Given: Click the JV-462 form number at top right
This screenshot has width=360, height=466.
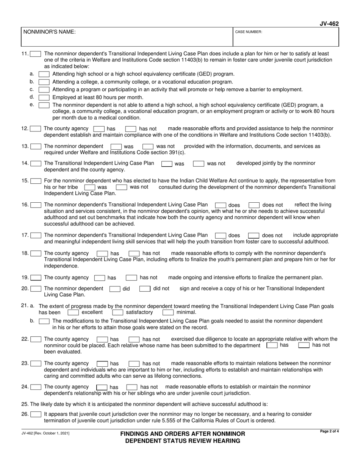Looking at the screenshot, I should tap(329, 24).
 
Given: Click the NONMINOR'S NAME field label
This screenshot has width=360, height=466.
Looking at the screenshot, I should tap(50, 32).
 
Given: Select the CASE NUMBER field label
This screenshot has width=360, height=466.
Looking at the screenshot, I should tap(249, 32).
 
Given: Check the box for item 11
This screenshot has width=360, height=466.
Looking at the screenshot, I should tap(36, 54).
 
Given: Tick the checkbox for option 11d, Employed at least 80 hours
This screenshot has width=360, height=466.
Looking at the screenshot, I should tap(44, 97).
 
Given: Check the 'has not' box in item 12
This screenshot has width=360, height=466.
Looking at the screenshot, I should tap(131, 129).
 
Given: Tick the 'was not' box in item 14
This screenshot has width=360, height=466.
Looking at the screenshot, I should tap(199, 164).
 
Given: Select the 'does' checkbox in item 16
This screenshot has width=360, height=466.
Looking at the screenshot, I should tap(221, 205).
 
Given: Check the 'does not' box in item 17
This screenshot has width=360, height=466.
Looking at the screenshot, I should tap(254, 235).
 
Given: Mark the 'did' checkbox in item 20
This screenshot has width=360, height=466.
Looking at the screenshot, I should tap(115, 289).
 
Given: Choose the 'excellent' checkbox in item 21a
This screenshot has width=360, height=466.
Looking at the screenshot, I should tap(73, 313).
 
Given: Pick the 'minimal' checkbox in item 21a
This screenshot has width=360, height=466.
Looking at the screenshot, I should tap(168, 313).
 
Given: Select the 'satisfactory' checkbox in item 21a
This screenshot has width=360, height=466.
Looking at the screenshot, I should tap(117, 313).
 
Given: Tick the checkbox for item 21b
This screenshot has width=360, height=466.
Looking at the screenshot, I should tap(44, 321).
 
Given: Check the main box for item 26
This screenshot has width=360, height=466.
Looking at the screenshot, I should tap(36, 414).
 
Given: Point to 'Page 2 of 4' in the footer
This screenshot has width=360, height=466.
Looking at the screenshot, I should tap(329, 431).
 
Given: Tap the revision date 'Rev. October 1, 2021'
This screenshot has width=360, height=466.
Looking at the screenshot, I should tap(55, 433).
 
